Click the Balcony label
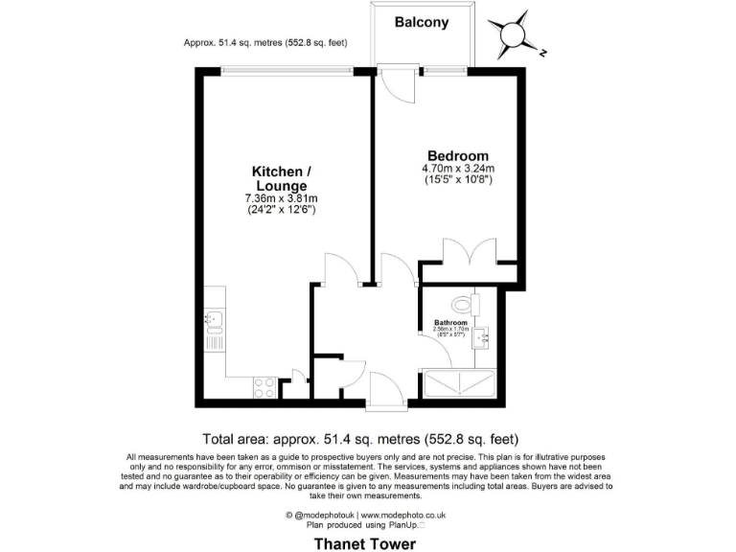[421, 23]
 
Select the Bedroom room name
[457, 155]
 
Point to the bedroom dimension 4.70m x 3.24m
[457, 169]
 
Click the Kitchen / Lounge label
[281, 178]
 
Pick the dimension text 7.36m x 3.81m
[281, 198]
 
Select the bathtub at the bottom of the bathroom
[459, 384]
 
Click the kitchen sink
[213, 321]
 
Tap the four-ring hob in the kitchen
[264, 387]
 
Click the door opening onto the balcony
[395, 86]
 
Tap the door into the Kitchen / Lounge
[340, 270]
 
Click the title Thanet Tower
[366, 543]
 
